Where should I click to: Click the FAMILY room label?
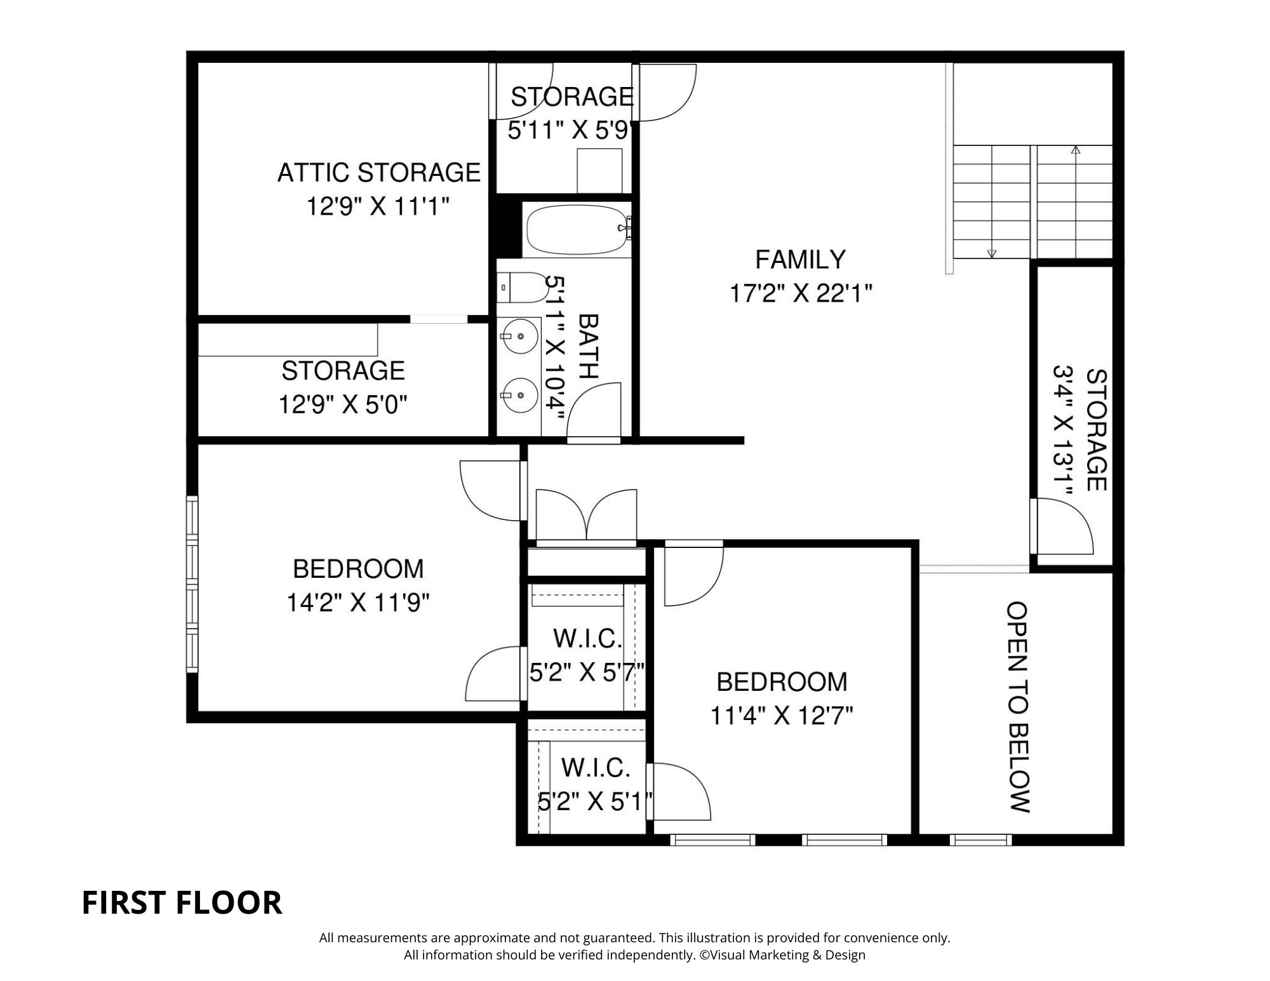[800, 260]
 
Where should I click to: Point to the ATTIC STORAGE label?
[379, 173]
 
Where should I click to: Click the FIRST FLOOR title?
[182, 902]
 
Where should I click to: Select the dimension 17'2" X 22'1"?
[801, 293]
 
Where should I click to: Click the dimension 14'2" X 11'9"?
[358, 603]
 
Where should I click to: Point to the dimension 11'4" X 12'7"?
[782, 716]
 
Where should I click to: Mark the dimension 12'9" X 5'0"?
[343, 404]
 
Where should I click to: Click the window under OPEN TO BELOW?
[980, 839]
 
